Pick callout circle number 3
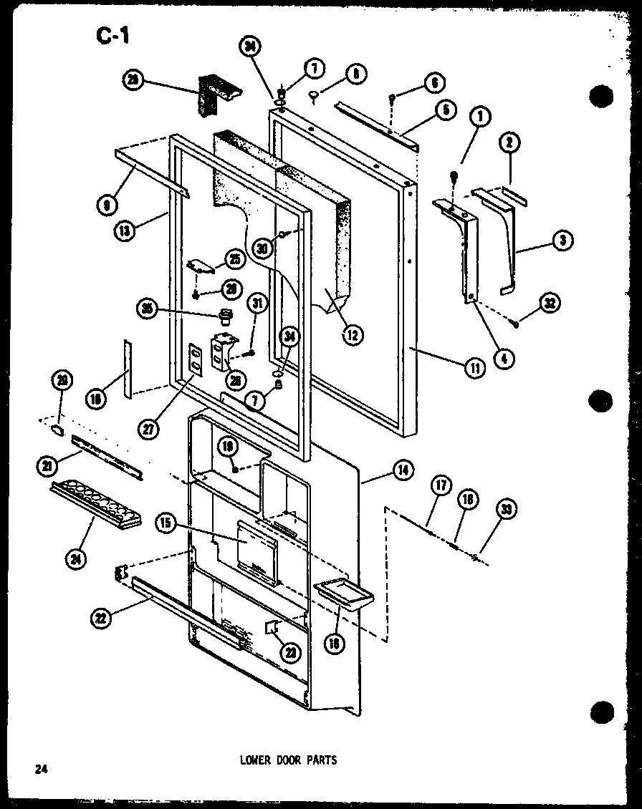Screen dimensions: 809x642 (x=563, y=242)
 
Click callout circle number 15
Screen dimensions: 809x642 (x=166, y=524)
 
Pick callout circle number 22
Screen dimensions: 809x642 (x=101, y=619)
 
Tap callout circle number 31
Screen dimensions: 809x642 (x=257, y=304)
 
